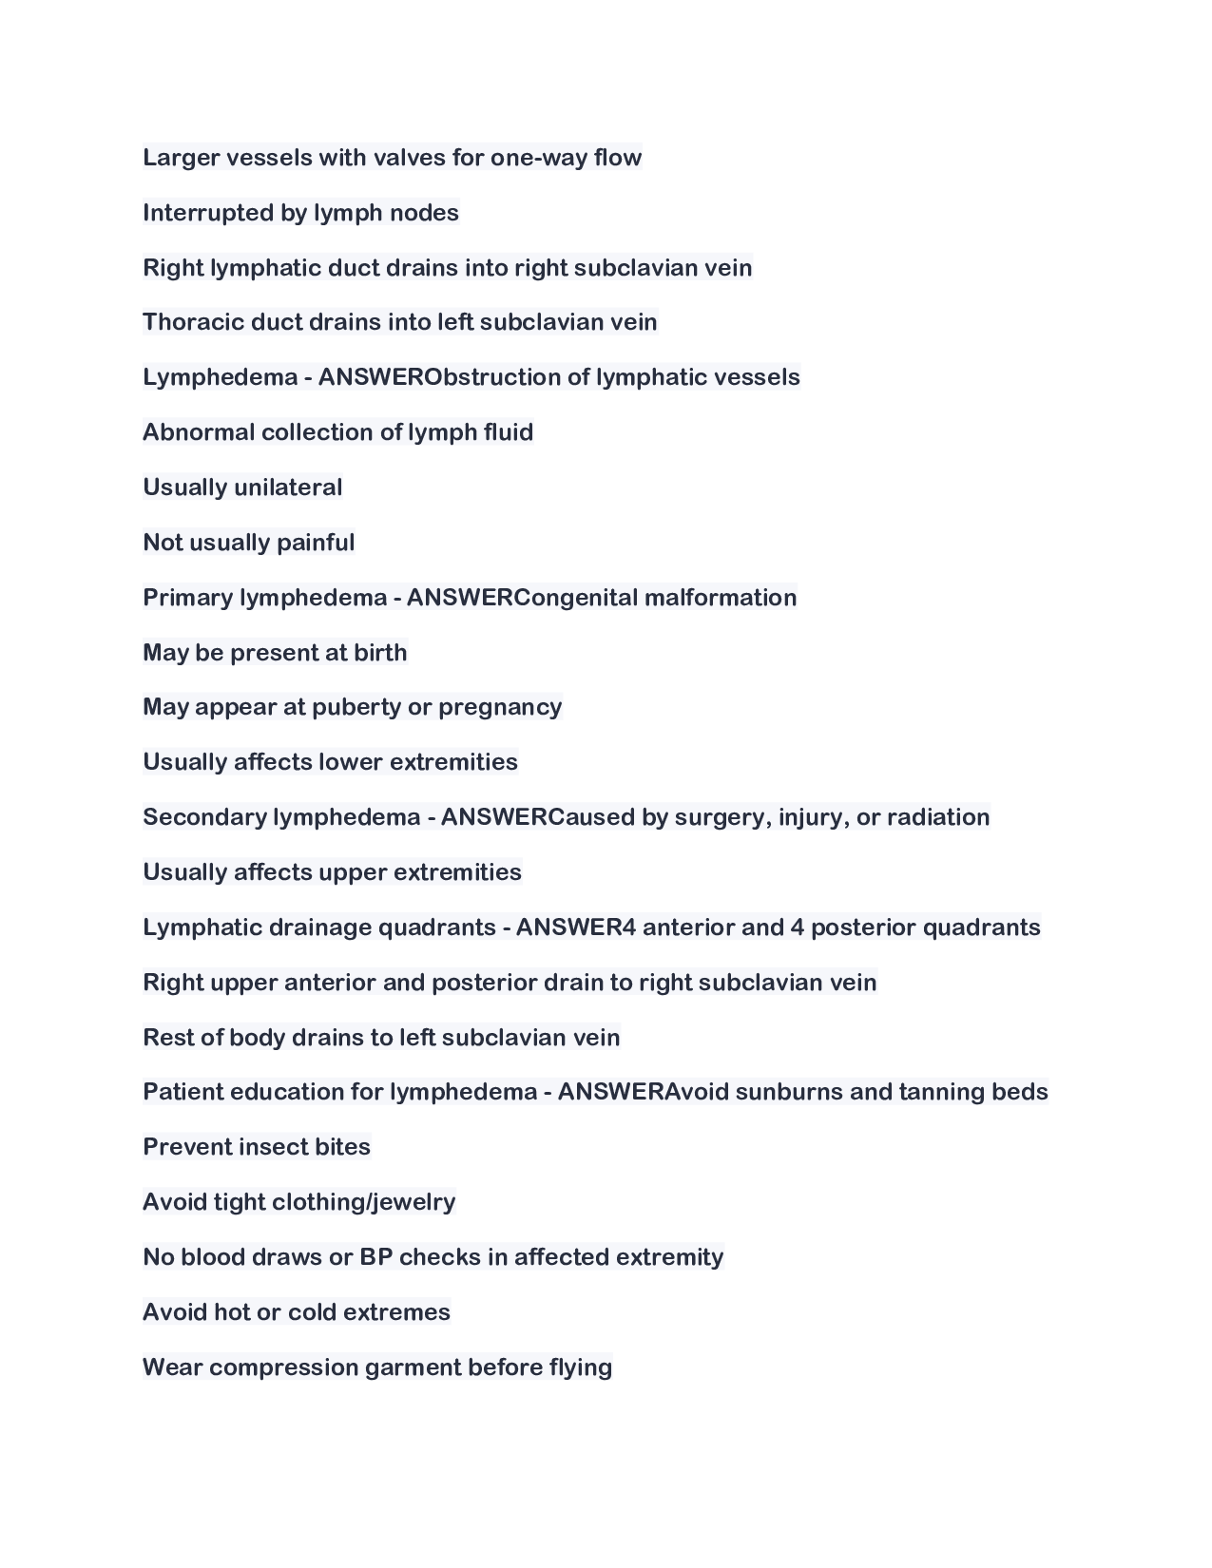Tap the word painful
point(316,543)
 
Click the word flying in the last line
point(580,1367)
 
